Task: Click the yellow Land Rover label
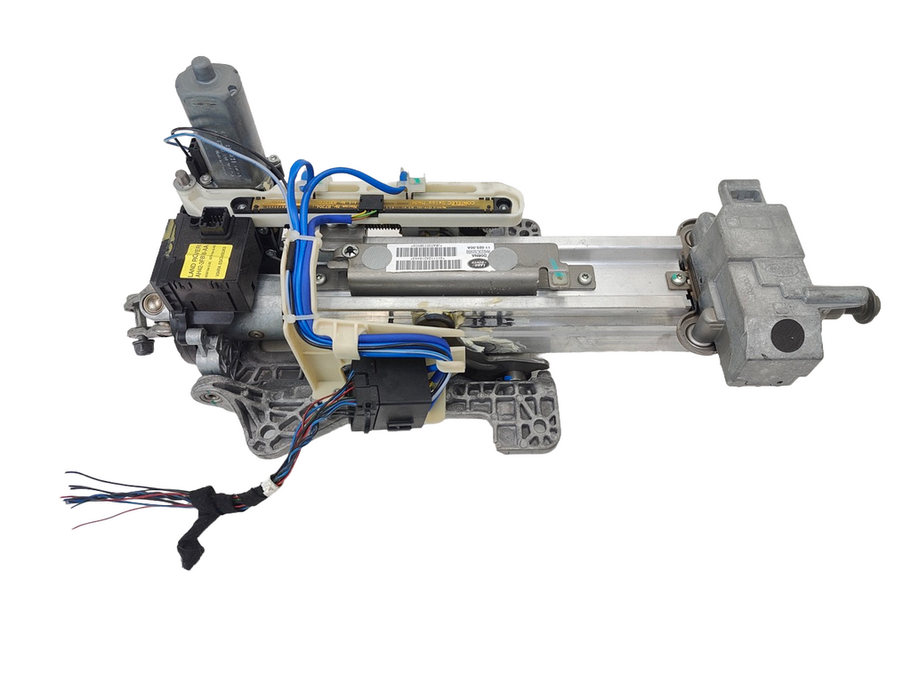pos(206,261)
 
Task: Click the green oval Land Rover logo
pos(480,264)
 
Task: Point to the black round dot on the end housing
pos(786,335)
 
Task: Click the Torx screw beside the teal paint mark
pos(584,277)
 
